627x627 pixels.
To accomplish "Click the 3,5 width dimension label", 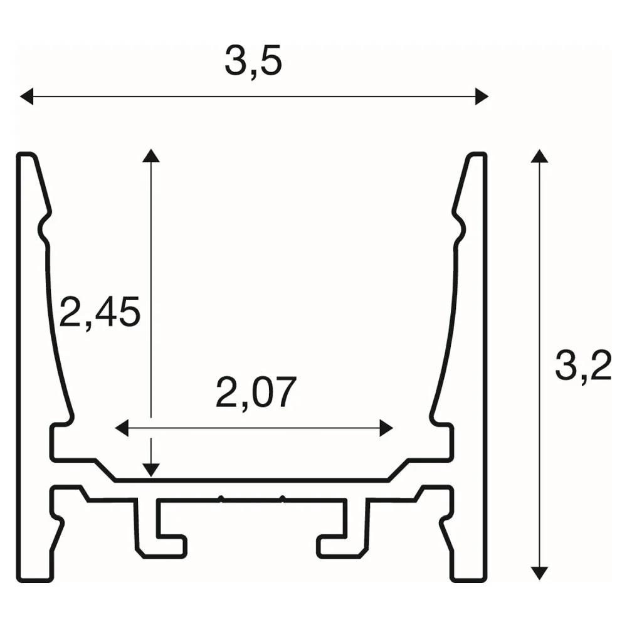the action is point(253,62).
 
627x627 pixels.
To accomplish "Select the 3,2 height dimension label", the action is point(583,365).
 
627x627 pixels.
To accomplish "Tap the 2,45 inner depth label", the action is point(100,312).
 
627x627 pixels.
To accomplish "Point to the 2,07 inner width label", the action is point(256,393).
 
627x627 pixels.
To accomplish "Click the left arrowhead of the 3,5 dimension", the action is point(26,97).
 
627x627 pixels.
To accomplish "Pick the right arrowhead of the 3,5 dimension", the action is point(482,97).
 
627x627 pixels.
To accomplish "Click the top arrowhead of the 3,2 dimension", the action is point(539,156).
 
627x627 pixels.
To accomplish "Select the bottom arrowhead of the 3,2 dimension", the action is point(539,573).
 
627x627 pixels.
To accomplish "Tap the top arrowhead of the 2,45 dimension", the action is point(150,155).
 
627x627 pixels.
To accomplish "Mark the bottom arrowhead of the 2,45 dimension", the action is point(150,470).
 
